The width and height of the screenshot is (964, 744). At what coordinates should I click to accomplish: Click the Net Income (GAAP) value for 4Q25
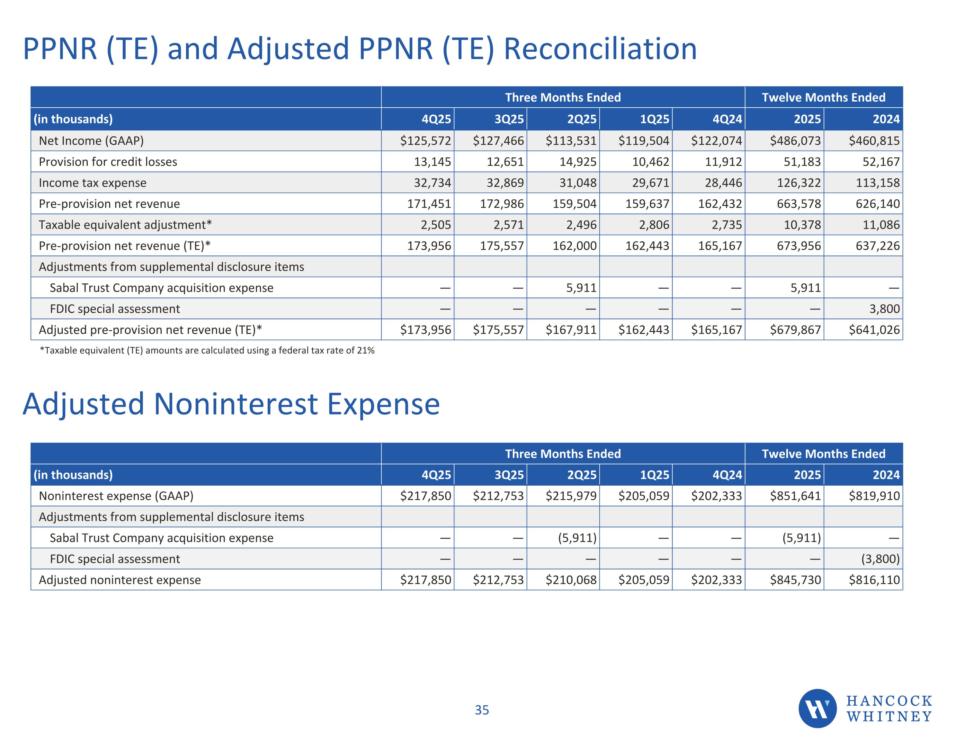click(x=425, y=141)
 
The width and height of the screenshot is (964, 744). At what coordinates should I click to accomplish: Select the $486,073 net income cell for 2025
click(x=795, y=141)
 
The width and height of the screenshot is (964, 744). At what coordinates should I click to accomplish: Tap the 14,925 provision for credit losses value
click(x=578, y=162)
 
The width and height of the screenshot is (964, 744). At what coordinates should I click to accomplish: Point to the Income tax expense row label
click(x=92, y=183)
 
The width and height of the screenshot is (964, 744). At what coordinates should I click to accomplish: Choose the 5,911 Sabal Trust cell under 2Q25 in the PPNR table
click(x=581, y=288)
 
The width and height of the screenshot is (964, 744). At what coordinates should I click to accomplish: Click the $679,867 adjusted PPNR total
click(x=795, y=330)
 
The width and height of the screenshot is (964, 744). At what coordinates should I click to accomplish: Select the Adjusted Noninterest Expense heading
click(x=231, y=404)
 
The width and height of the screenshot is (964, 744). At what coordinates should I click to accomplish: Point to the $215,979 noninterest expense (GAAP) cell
click(x=571, y=496)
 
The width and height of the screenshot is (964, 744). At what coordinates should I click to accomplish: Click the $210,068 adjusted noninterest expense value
click(x=571, y=580)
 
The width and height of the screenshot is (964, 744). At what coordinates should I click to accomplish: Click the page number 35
click(x=482, y=710)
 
